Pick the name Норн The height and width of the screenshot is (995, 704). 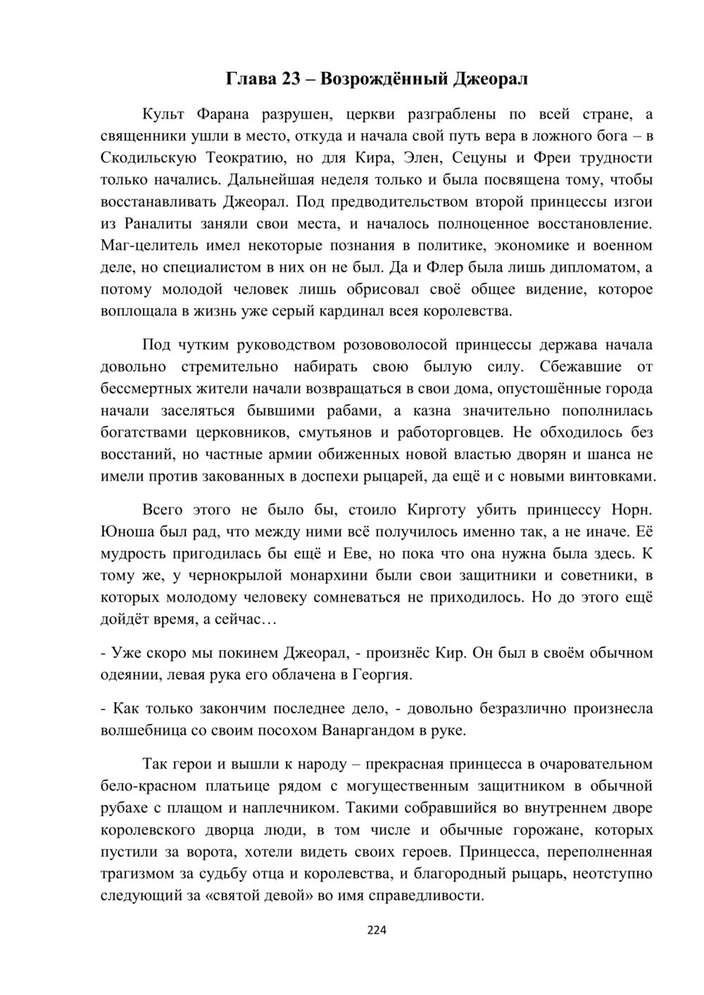click(633, 509)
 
